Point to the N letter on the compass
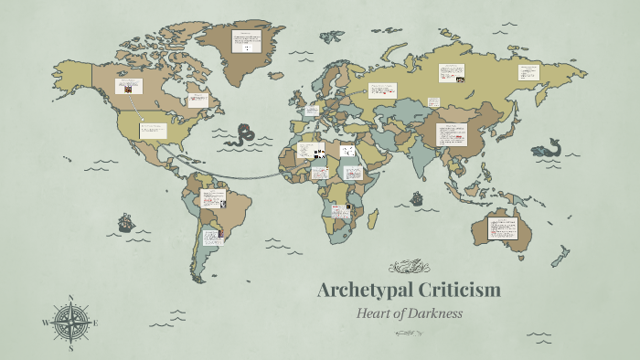click(x=71, y=298)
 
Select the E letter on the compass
click(x=95, y=323)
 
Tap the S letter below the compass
click(x=71, y=348)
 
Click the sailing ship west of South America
click(x=125, y=221)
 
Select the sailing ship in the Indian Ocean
click(x=417, y=197)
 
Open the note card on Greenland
click(x=245, y=41)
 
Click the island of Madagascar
click(x=374, y=217)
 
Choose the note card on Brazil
click(x=214, y=198)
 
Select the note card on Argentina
click(x=212, y=237)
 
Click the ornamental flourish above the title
click(x=409, y=267)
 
